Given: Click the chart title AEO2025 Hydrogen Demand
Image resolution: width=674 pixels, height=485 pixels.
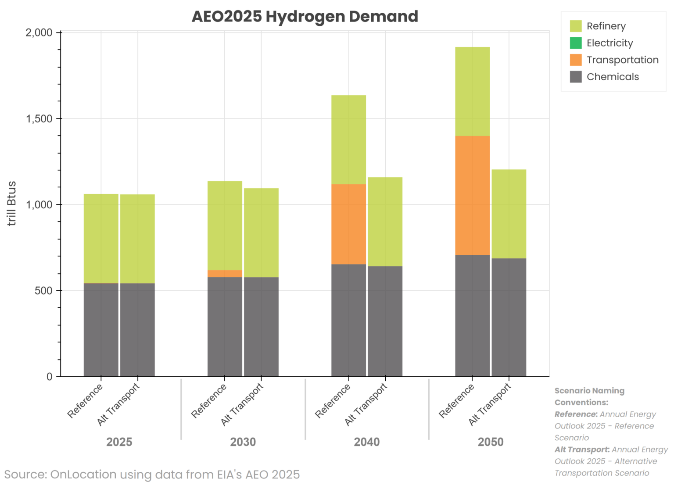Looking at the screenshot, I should pos(305,17).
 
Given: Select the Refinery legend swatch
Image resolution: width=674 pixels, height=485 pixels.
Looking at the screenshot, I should pos(575,26).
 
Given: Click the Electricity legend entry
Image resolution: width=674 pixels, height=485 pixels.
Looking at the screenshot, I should pos(609,43).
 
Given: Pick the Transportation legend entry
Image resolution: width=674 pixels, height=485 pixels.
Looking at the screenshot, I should pos(622,60).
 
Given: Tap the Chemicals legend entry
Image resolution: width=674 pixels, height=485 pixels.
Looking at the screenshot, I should pos(612,77).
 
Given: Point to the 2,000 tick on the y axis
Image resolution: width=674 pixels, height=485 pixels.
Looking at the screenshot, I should pos(39,33).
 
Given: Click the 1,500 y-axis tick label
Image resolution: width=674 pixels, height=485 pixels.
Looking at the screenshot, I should pos(39,119).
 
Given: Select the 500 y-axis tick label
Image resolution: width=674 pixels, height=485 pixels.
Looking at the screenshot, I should pos(43,291).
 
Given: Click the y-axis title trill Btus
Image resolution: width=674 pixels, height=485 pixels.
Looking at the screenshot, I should pos(12,203).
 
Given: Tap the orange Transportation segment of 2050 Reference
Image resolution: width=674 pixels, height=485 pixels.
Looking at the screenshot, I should pos(472,195).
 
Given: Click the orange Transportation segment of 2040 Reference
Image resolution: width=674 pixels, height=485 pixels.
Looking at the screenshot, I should pos(348,224).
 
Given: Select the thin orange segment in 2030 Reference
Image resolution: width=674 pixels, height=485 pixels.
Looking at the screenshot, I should pos(225,274).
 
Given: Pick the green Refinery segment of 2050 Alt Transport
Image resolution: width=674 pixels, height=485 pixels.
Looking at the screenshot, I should pos(509,214).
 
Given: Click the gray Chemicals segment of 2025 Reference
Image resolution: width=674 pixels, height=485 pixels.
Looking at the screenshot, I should pos(101,330).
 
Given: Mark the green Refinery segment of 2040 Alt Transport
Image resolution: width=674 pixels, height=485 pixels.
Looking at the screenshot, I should pos(385,221).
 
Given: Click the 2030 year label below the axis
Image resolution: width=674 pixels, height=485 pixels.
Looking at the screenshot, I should pos(243,442).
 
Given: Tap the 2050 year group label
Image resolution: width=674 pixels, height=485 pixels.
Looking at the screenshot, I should pos(490,442).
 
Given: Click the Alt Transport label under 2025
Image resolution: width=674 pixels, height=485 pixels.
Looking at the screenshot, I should pos(118,404).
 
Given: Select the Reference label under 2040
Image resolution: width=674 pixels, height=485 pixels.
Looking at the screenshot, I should pos(333,401).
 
